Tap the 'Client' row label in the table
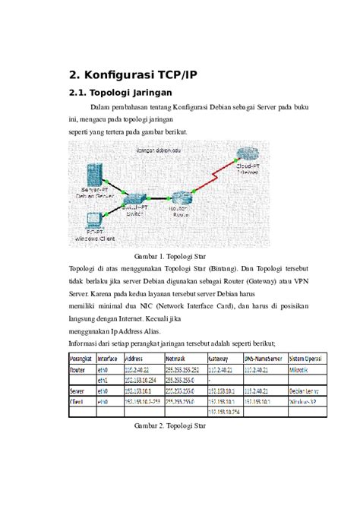[78, 401]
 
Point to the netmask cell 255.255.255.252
[183, 368]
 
